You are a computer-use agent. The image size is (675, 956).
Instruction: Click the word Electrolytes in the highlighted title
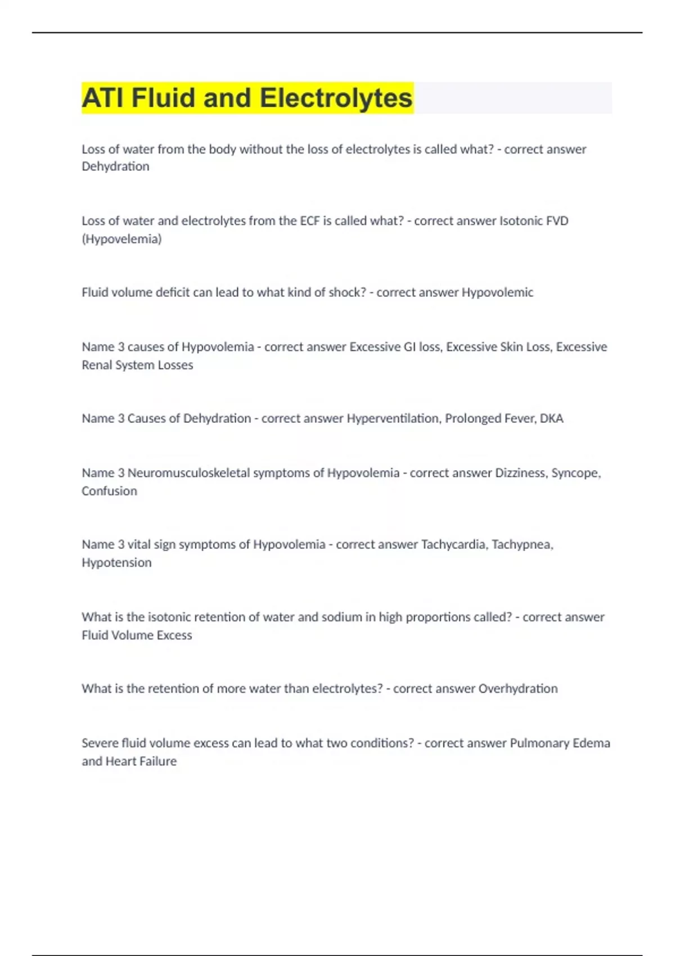coord(336,98)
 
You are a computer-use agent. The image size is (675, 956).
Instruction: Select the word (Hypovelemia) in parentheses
coord(121,239)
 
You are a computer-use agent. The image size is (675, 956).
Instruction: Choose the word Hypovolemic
coord(497,292)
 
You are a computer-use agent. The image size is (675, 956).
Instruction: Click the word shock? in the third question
coord(346,292)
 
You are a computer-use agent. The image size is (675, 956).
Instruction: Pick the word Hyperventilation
coord(393,418)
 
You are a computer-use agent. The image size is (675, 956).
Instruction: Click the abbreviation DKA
coord(551,418)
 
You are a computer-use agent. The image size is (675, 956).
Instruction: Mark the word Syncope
coord(576,473)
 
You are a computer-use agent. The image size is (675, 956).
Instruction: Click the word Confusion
coord(109,491)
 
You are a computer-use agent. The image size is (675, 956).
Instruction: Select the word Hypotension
coord(116,562)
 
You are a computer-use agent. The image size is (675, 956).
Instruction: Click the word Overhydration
coord(518,688)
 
